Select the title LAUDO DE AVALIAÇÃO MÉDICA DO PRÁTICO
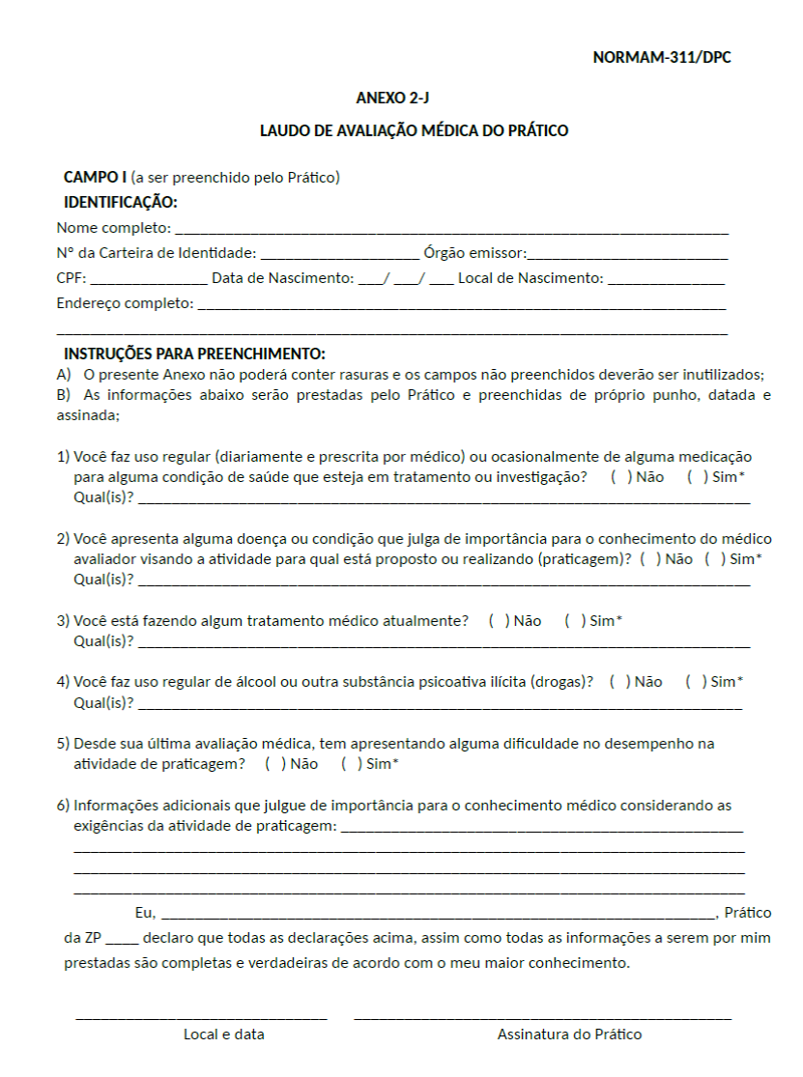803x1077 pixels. point(414,130)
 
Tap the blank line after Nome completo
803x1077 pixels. point(450,230)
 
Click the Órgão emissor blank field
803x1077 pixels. point(627,255)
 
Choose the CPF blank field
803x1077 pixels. point(148,280)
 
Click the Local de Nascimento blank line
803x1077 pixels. point(666,280)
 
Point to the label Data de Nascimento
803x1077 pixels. point(283,279)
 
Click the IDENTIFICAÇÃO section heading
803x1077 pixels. point(121,203)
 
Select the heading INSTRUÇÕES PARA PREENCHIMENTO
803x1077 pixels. point(194,354)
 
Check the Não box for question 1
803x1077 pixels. point(616,478)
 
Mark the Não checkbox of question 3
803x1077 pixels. point(494,621)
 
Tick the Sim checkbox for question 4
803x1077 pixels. point(691,683)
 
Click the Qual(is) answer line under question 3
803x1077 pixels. point(445,642)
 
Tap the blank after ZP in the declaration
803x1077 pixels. point(123,939)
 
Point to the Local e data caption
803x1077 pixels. point(224,1034)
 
